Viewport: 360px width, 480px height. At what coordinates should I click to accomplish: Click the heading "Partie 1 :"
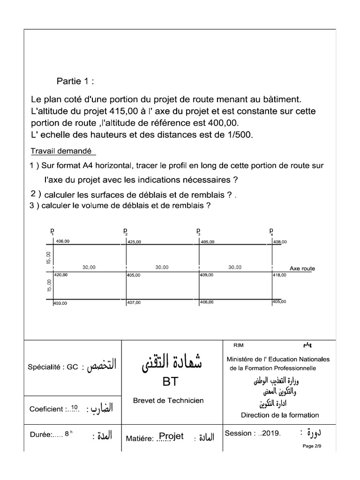(75, 81)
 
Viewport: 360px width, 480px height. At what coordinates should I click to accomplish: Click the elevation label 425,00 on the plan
(134, 242)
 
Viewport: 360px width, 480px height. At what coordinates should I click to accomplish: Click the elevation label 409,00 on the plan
(207, 275)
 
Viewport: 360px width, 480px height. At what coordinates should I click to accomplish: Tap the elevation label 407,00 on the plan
(134, 303)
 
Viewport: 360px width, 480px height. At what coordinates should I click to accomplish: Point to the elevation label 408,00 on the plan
(280, 242)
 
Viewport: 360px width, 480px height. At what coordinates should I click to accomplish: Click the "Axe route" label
(302, 269)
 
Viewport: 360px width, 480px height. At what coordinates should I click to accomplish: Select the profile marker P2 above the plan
(126, 231)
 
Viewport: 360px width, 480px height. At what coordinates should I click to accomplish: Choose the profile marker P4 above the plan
(271, 231)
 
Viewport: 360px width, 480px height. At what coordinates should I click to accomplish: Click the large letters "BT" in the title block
(171, 382)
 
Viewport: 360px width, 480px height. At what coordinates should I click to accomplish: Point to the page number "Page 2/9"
(312, 446)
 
